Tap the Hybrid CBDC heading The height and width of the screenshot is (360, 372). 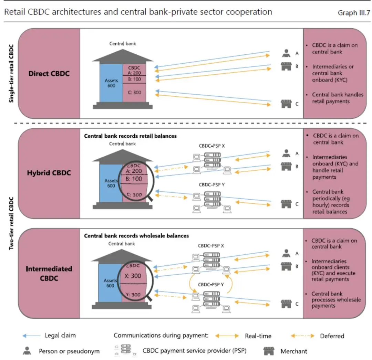[49, 173]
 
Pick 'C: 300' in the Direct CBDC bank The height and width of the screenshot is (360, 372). [134, 93]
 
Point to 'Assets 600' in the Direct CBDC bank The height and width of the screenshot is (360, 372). [111, 83]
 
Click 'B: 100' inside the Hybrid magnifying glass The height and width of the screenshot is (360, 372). [134, 179]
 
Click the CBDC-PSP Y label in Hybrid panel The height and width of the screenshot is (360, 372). [211, 184]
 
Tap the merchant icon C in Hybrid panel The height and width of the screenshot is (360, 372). [285, 204]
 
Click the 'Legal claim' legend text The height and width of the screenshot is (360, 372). [60, 335]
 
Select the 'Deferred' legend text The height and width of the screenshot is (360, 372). [332, 336]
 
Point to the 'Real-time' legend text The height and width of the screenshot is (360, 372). [258, 336]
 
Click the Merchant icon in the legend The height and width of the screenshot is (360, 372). [269, 351]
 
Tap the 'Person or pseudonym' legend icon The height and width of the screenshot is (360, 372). [27, 351]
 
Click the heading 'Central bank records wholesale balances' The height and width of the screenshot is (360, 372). [136, 236]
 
